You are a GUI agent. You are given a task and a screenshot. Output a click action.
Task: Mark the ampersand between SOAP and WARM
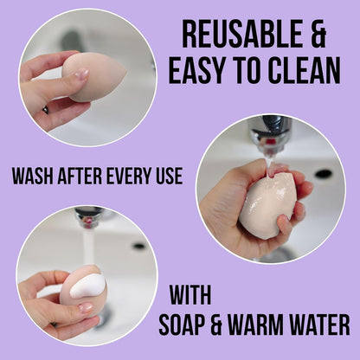[228, 325]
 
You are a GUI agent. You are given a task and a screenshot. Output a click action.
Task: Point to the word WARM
[267, 325]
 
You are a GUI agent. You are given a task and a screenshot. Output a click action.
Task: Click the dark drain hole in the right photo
[323, 173]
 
